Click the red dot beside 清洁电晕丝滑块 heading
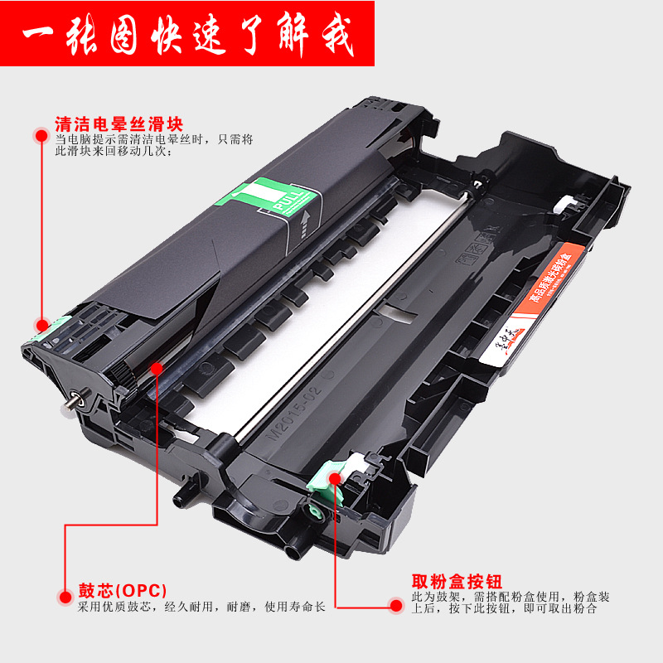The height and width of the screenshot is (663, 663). point(40,133)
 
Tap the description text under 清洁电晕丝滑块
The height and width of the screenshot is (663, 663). point(153,146)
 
